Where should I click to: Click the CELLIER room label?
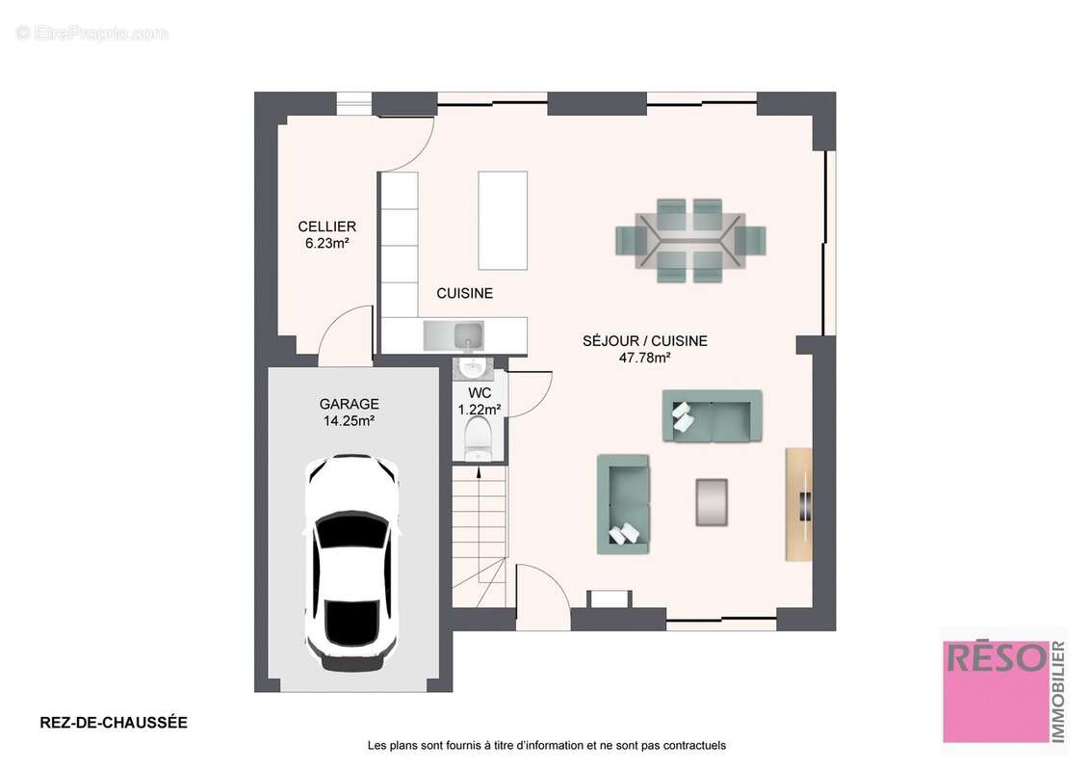tap(326, 226)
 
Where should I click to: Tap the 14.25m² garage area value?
tap(349, 420)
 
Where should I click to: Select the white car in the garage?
tap(351, 562)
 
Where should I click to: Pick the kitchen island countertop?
tap(503, 221)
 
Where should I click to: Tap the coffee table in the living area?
tap(712, 502)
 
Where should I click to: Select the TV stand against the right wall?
tap(799, 504)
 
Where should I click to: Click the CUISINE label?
tap(464, 294)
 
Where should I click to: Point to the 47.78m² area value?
tap(644, 358)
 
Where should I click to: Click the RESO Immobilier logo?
tap(1004, 691)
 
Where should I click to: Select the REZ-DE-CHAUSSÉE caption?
tap(114, 722)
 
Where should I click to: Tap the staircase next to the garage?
tap(480, 536)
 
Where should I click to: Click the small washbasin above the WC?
tap(473, 367)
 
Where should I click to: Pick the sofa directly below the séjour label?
tap(712, 415)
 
